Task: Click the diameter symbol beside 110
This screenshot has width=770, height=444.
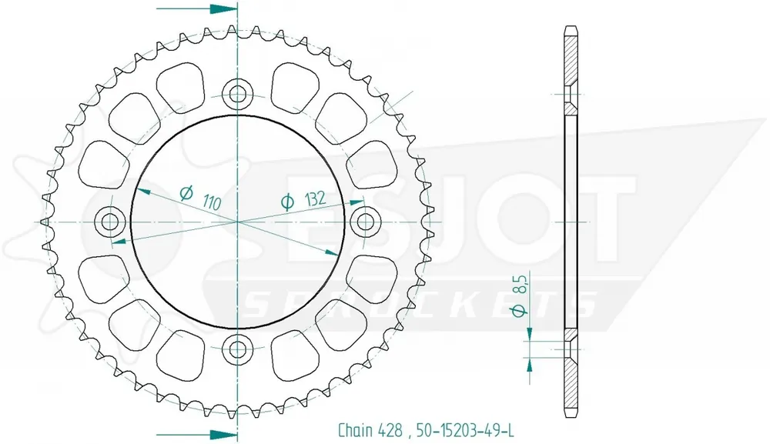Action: (x=186, y=192)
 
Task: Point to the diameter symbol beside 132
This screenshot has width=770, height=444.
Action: (x=286, y=202)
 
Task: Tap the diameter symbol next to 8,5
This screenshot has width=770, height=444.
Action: (x=521, y=310)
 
